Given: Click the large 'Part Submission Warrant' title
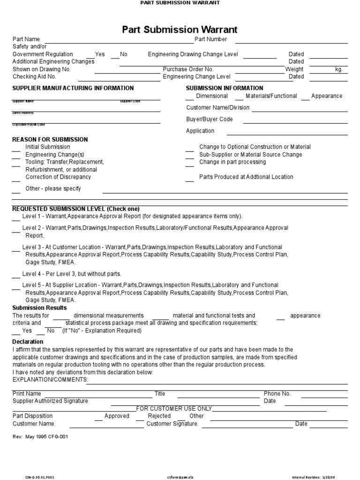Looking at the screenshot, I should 180,30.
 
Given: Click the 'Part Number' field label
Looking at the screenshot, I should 210,39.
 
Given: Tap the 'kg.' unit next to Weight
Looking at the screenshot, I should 338,69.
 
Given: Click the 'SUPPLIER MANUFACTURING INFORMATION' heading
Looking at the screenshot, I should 73,88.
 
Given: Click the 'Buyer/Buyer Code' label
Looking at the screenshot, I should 209,119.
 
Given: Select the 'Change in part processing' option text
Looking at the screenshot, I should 232,162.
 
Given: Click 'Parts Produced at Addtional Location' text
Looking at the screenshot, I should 246,177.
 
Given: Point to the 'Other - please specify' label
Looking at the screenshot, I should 53,188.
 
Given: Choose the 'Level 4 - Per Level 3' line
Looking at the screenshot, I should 71,274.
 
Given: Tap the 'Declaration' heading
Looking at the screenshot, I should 28,342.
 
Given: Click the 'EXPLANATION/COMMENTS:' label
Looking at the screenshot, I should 50,379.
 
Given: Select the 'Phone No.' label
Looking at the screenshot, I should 277,394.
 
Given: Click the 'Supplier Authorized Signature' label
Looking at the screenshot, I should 50,401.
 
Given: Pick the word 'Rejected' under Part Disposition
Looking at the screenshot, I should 159,416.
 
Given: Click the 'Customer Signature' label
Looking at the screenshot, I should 172,424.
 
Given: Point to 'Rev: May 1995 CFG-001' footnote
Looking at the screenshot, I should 43,436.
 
